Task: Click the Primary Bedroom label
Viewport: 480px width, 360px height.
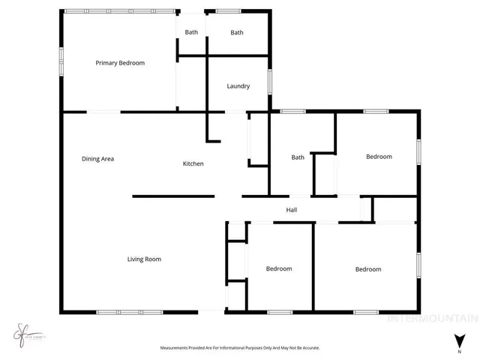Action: tap(120, 63)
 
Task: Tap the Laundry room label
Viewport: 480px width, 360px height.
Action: tap(238, 86)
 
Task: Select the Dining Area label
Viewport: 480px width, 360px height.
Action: tap(97, 159)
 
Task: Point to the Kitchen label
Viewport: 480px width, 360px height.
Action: tap(193, 163)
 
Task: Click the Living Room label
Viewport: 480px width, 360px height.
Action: tap(144, 259)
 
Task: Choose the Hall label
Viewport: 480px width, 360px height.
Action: tap(292, 210)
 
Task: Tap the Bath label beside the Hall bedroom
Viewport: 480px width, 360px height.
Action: tap(298, 157)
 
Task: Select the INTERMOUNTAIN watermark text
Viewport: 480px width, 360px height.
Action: tap(431, 318)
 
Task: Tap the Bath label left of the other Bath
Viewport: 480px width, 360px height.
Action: tap(192, 32)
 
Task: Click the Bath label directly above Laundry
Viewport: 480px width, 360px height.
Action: tap(237, 32)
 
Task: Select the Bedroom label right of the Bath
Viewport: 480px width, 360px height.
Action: tap(379, 157)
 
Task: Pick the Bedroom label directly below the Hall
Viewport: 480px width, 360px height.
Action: tap(279, 268)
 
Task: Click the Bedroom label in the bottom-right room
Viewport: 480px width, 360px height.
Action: tap(368, 269)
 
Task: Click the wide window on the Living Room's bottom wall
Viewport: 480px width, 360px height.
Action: tap(129, 311)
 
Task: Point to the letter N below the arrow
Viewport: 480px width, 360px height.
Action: tap(459, 351)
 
